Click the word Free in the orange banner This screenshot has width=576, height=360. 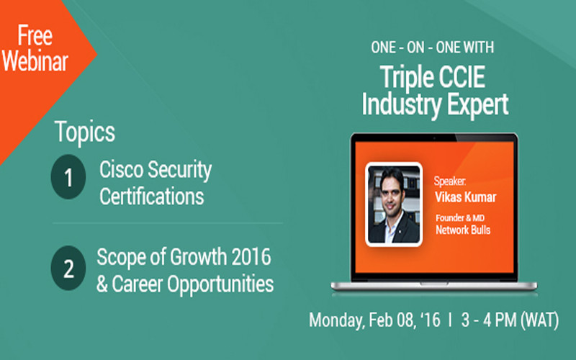(35, 35)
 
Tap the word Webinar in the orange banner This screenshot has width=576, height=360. (35, 60)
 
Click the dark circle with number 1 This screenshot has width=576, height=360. (68, 177)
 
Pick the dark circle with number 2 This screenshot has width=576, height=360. (68, 268)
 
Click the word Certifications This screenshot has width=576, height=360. (151, 197)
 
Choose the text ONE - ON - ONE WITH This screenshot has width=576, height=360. (433, 48)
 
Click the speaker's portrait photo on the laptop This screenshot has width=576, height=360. (394, 204)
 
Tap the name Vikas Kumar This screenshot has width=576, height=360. (465, 197)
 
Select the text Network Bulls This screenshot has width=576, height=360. (463, 230)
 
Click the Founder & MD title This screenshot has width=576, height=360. (460, 218)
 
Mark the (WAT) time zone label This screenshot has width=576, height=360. (539, 320)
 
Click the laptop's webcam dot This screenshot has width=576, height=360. (434, 138)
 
